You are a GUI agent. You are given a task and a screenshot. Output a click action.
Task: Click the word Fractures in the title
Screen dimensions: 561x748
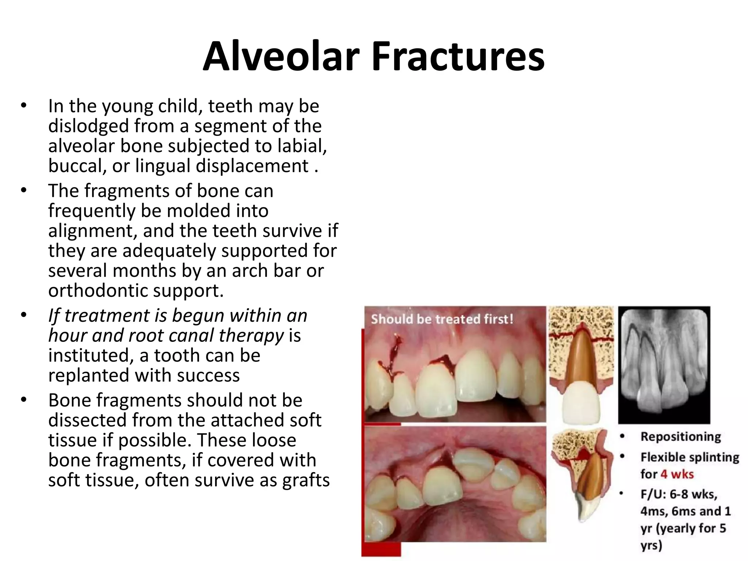point(458,57)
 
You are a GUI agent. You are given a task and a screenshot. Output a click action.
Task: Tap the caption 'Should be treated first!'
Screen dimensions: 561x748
point(442,319)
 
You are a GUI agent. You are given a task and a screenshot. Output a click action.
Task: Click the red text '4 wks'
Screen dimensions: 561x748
point(677,474)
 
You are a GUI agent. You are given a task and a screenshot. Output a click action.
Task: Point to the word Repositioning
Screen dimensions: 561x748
point(681,437)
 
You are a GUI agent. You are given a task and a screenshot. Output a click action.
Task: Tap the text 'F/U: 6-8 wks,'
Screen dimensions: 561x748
point(679,494)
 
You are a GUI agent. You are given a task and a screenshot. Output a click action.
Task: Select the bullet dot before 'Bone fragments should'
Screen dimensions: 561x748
point(24,400)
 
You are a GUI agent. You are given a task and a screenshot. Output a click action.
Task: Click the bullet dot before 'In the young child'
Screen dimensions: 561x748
point(24,106)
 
